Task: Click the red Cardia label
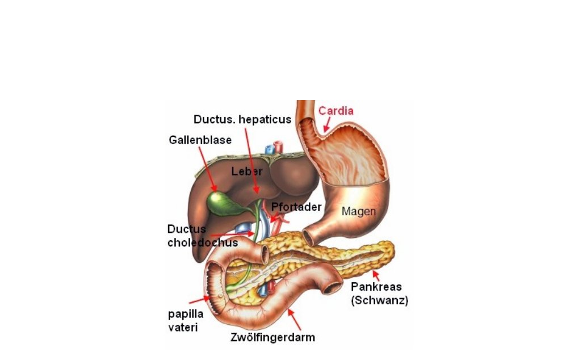(335, 111)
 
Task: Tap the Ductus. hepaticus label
(242, 119)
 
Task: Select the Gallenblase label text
(200, 140)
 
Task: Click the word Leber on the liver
(247, 171)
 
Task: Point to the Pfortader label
(296, 207)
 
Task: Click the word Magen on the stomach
(359, 211)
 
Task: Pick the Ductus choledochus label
(202, 236)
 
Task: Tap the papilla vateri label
(186, 320)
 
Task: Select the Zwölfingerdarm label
(272, 337)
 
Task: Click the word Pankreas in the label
(376, 287)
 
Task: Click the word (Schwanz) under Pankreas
(380, 300)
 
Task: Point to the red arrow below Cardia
(327, 124)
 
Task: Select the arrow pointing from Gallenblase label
(208, 169)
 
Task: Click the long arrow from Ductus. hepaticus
(251, 161)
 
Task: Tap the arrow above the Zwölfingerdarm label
(294, 319)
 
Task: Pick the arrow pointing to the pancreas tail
(376, 275)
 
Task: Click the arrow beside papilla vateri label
(200, 299)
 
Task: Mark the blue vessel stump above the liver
(270, 149)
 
